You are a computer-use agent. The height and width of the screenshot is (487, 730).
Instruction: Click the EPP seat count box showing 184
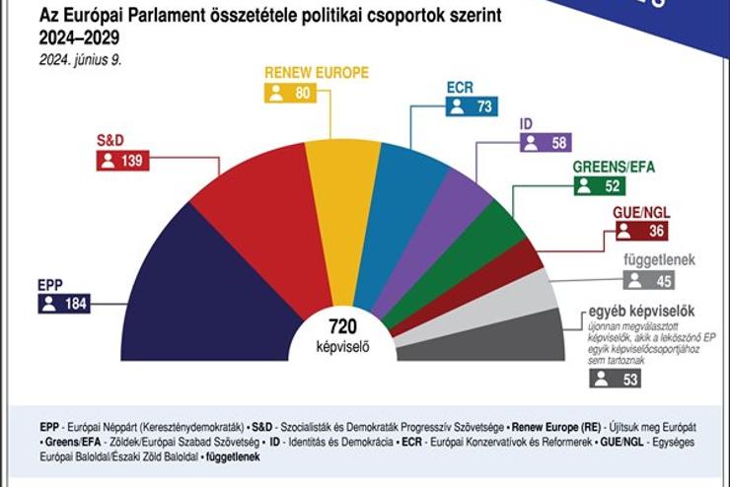coord(64,304)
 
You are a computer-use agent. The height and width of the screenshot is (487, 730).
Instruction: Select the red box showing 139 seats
coord(122,161)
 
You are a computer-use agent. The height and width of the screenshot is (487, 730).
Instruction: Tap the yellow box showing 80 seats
coord(290,94)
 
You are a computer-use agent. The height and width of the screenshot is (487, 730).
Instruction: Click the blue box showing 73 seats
coord(470,106)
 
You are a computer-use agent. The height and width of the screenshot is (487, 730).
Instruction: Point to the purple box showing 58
coord(545,143)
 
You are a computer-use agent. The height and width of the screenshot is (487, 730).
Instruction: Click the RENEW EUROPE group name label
coord(316,72)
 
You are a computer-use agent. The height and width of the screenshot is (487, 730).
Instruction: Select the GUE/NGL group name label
coord(641,212)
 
